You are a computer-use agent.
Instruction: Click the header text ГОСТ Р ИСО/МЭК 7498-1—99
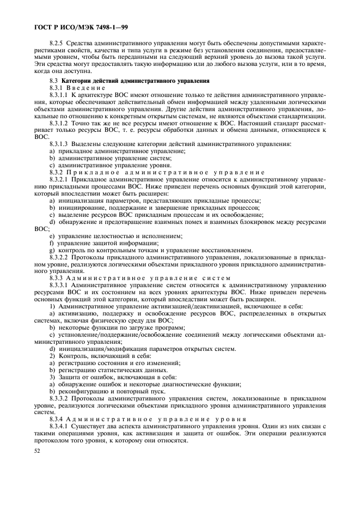pos(81,26)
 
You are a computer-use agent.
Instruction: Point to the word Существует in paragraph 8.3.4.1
pos(91,426)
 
